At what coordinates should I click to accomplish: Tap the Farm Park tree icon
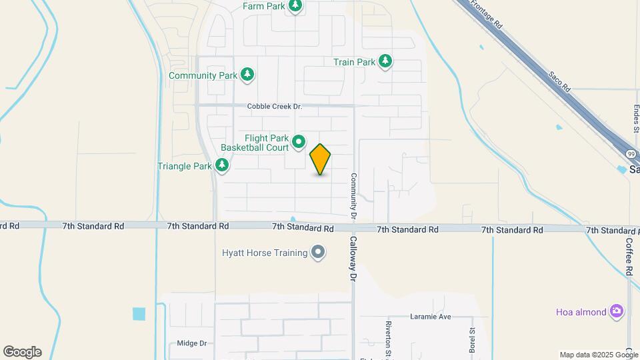[x=295, y=7]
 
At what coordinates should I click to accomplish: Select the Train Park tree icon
[x=385, y=62]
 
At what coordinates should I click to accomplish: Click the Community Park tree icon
[x=247, y=75]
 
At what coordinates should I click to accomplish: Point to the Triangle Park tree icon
[x=222, y=165]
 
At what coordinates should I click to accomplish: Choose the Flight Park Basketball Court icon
[x=299, y=141]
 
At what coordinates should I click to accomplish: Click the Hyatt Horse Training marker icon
[x=318, y=253]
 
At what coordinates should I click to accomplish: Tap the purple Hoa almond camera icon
[x=617, y=311]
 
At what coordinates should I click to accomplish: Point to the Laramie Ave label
[x=431, y=317]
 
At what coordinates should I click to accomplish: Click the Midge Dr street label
[x=192, y=343]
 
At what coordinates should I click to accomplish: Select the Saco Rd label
[x=560, y=82]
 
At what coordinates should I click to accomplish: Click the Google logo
[x=22, y=352]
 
